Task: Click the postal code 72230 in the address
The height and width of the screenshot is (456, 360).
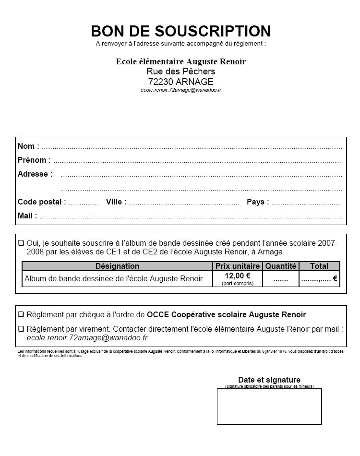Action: pos(161,81)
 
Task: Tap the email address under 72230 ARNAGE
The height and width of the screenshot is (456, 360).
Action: pos(181,90)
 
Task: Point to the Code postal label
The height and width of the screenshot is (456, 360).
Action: pos(42,202)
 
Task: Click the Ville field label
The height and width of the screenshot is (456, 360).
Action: pos(116,202)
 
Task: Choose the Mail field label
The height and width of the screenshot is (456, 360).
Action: pos(27,216)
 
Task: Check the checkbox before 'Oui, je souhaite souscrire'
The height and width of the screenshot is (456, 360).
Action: pos(21,243)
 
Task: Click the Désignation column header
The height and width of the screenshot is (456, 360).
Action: pos(117,266)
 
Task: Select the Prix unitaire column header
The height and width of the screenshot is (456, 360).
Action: pos(237,266)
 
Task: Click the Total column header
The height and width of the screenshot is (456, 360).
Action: pos(319,266)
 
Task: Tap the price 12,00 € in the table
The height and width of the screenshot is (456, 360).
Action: pos(237,276)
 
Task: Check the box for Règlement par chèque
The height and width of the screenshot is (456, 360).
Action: pos(21,315)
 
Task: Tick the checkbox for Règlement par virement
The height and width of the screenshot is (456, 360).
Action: pos(21,329)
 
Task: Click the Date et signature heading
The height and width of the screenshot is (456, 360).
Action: pos(269,380)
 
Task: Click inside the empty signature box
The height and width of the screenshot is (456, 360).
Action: pos(269,406)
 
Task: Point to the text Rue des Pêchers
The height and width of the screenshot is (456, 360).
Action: pos(181,72)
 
